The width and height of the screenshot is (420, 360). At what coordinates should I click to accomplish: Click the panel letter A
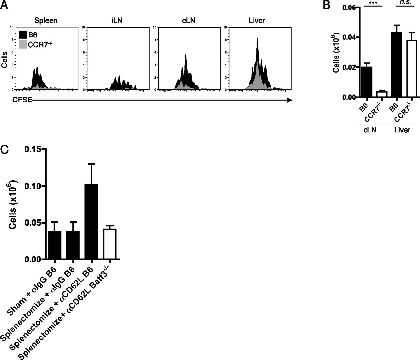tap(4, 6)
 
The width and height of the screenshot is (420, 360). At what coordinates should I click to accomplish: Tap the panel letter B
tap(327, 6)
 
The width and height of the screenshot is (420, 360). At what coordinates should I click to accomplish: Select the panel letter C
tap(5, 149)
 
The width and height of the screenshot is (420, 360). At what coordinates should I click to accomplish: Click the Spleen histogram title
tap(46, 21)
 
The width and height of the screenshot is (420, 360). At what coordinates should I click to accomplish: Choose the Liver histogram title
tap(257, 21)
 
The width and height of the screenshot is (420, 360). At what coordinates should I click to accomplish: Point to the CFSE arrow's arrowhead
tap(289, 100)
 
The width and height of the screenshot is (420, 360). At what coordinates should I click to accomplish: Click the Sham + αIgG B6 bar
tap(54, 245)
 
